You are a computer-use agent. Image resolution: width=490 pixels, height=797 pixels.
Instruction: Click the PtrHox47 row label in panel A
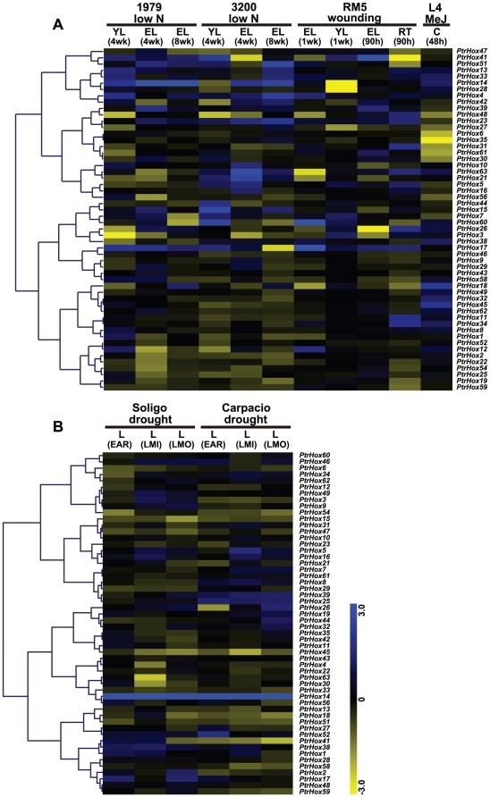coord(471,53)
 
